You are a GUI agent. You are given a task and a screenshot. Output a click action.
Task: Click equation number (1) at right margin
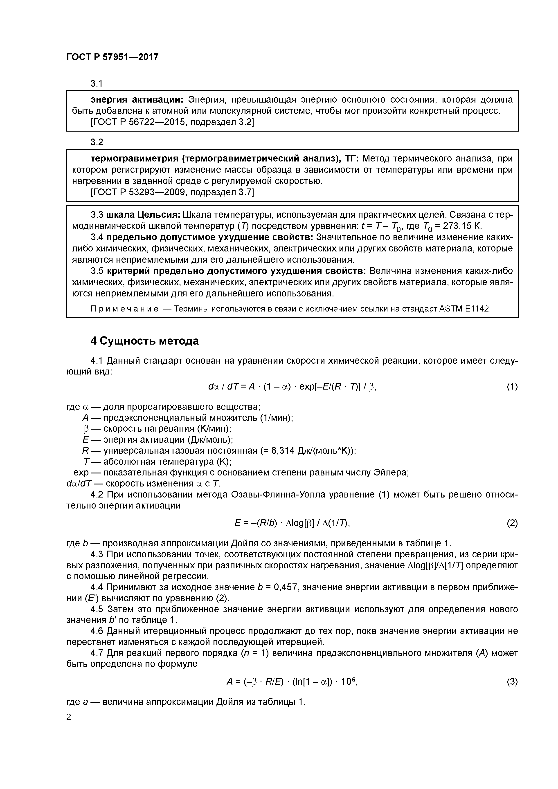(x=512, y=387)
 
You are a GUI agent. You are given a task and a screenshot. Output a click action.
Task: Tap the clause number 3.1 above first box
(x=97, y=83)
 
